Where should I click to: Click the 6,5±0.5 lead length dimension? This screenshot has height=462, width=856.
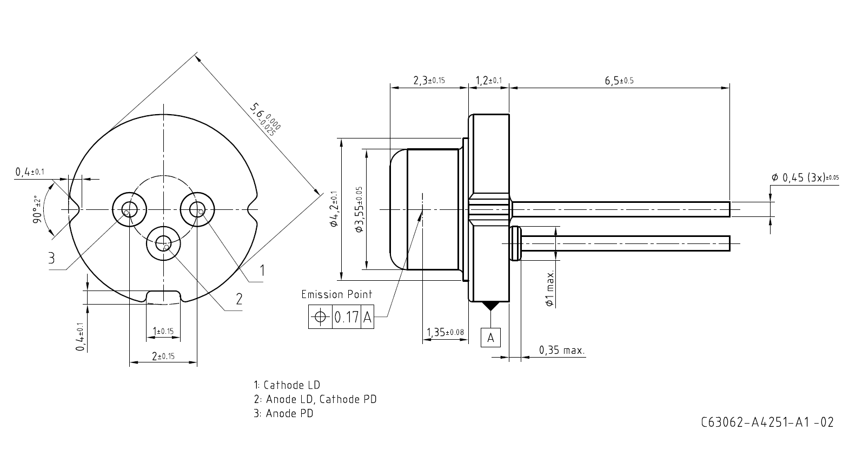(619, 81)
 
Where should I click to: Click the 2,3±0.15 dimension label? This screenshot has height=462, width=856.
(429, 81)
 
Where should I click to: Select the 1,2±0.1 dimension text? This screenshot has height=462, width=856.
(488, 81)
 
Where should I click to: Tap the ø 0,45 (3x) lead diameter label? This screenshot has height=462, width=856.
(805, 178)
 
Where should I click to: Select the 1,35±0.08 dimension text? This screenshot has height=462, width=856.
(445, 332)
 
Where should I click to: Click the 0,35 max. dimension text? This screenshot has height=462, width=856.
(562, 351)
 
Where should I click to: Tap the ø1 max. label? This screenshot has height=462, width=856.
(550, 289)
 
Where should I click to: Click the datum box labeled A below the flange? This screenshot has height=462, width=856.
(490, 338)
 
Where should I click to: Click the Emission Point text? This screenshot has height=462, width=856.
(336, 294)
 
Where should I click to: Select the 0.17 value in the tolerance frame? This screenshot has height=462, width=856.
(346, 317)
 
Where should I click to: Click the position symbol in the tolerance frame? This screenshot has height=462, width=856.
(320, 317)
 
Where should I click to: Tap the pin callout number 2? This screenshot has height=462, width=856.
(238, 299)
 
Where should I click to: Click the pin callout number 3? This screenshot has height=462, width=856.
(51, 258)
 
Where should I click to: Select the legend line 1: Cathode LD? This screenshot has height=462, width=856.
(287, 385)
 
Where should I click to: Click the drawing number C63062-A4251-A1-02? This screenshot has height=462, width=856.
(767, 422)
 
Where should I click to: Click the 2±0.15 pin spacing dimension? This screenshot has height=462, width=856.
(163, 356)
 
